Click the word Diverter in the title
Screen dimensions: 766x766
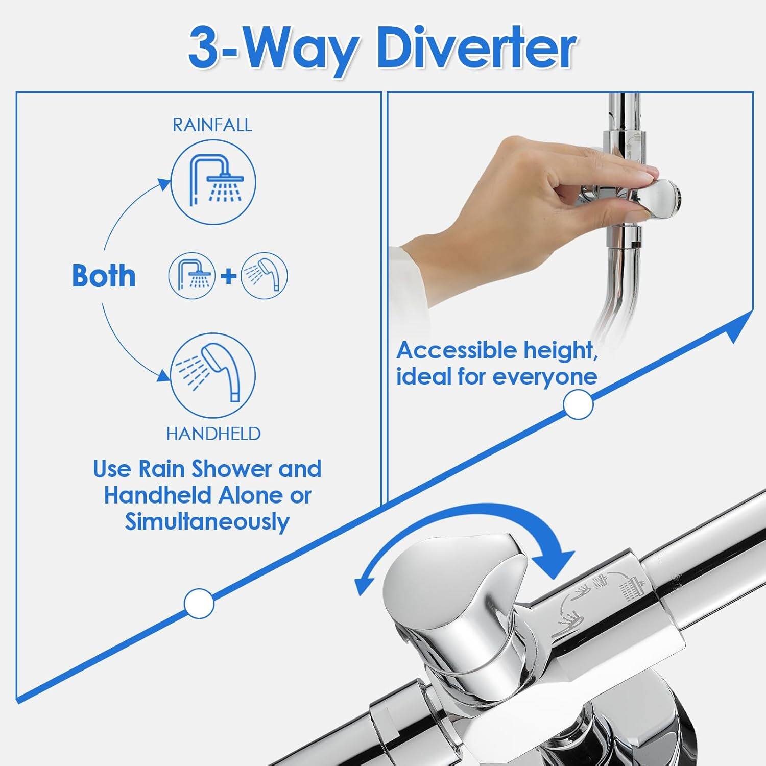[x=476, y=49]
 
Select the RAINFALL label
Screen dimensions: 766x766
[x=212, y=125]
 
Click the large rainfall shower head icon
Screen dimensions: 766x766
[x=213, y=182]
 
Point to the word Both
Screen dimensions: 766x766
[x=104, y=276]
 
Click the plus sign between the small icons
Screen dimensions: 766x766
[x=228, y=276]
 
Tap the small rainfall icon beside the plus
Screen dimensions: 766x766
[x=192, y=276]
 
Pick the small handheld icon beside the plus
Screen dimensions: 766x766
[x=264, y=276]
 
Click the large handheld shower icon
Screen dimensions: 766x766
[x=212, y=375]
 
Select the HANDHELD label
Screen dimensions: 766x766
[x=213, y=434]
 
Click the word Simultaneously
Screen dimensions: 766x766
[x=207, y=522]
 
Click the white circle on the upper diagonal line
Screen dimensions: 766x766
[x=578, y=404]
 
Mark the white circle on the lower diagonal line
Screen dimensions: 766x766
[x=199, y=603]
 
